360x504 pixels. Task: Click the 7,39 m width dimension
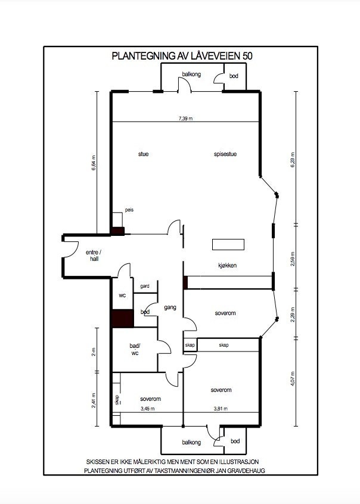point(185,119)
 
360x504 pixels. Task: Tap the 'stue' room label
point(143,154)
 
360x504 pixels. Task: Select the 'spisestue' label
point(225,154)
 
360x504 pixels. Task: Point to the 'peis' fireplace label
point(129,210)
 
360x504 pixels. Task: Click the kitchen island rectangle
point(228,244)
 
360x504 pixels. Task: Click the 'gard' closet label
point(144,287)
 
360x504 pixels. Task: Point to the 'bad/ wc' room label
point(134,349)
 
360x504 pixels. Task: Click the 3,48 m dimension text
point(147,409)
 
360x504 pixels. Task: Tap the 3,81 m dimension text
point(220,409)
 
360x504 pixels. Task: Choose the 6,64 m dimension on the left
point(94,164)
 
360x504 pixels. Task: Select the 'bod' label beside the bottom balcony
point(235,441)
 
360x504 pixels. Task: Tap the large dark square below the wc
point(122,318)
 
